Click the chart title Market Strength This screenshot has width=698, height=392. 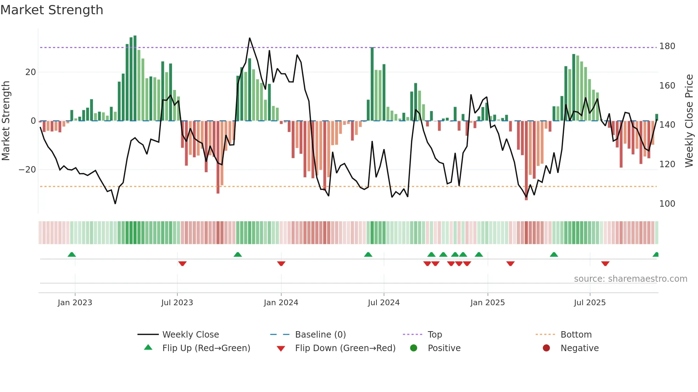coord(52,10)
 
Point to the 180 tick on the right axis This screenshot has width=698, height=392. coord(667,46)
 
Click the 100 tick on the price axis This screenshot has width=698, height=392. coord(667,204)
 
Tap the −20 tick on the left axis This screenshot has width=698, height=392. coord(27,170)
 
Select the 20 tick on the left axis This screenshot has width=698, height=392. coord(31,72)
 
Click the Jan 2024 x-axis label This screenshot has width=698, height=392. coord(281,303)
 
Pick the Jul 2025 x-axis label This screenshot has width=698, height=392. coord(589,303)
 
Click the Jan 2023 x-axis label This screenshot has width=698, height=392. coord(75,303)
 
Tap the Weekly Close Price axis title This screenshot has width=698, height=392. coord(689,121)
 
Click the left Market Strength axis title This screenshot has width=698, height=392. coord(6,121)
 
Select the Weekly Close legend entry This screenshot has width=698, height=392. coord(190,335)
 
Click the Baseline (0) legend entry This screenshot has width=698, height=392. coord(320,335)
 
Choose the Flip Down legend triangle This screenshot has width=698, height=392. coord(281,349)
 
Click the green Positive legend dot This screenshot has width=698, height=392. coord(413,348)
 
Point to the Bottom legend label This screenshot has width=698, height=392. coord(576,335)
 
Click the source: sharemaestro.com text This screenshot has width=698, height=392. coord(630,279)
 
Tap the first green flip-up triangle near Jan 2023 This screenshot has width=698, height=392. coord(72,254)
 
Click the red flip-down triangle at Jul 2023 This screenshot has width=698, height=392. coord(182,264)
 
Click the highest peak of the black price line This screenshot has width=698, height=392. coord(250,38)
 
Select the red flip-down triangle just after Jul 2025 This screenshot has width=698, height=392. coord(605,264)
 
